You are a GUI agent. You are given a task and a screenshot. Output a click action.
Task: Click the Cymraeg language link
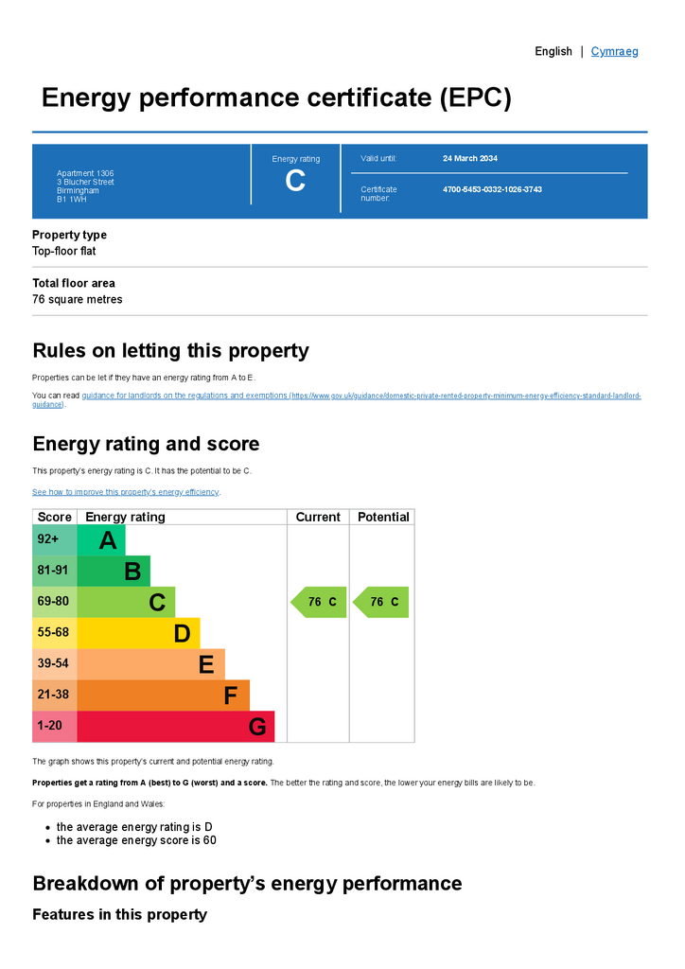click(x=614, y=51)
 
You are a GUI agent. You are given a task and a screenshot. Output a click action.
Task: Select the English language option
click(x=553, y=51)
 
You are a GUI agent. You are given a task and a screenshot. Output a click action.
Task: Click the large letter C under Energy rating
click(x=295, y=181)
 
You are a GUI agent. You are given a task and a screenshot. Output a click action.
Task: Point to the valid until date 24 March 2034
click(x=470, y=158)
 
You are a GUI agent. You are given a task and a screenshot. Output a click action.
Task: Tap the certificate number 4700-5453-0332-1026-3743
click(x=492, y=189)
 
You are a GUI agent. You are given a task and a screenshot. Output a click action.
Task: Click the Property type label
click(x=69, y=235)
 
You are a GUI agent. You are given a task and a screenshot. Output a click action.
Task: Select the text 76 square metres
click(x=77, y=300)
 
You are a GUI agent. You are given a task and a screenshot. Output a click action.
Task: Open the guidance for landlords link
click(x=184, y=396)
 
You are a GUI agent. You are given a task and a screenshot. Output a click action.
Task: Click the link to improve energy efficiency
click(x=125, y=492)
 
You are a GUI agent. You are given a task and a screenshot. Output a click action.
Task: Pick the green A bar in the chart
click(x=101, y=540)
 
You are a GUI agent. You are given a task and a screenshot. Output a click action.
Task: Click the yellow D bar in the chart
click(x=138, y=633)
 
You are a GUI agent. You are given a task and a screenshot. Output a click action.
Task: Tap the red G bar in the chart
click(x=175, y=727)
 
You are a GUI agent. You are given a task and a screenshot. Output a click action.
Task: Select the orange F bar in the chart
click(x=163, y=696)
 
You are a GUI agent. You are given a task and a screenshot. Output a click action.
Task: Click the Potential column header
click(x=383, y=517)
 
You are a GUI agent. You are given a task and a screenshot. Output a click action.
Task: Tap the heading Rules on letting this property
click(x=170, y=351)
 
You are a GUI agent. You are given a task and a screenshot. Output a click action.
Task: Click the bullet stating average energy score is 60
click(x=136, y=840)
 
